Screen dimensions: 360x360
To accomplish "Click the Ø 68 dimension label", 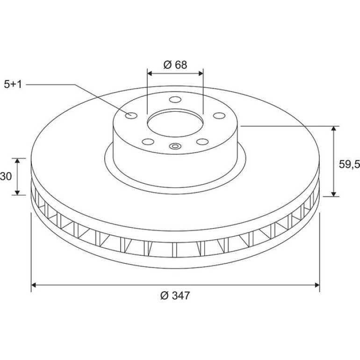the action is pyautogui.click(x=175, y=65).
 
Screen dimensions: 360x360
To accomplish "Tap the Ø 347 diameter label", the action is pyautogui.click(x=175, y=295).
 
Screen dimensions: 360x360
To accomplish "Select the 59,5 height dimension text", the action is pyautogui.click(x=349, y=164).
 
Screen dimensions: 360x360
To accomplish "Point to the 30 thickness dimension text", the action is pyautogui.click(x=6, y=176).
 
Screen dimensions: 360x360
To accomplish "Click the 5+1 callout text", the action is pyautogui.click(x=13, y=84).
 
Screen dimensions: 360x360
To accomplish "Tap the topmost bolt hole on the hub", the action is pyautogui.click(x=175, y=100).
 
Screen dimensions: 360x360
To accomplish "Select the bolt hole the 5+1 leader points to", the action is pyautogui.click(x=131, y=115).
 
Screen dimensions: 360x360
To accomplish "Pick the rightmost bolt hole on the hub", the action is pyautogui.click(x=219, y=115).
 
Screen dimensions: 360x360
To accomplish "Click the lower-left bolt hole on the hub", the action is pyautogui.click(x=148, y=142).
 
